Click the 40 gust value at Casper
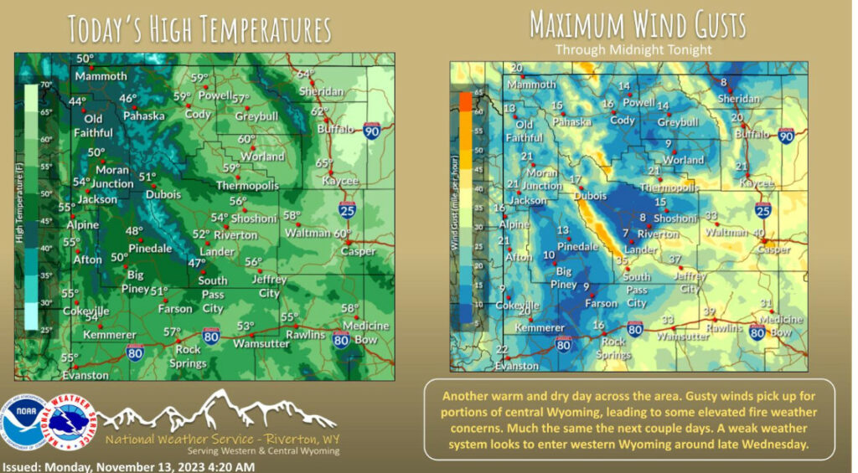pyautogui.click(x=759, y=234)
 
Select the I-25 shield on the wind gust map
pyautogui.click(x=762, y=209)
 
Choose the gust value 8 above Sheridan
pyautogui.click(x=723, y=82)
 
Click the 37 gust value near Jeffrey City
pyautogui.click(x=675, y=260)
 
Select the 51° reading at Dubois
pyautogui.click(x=147, y=177)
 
